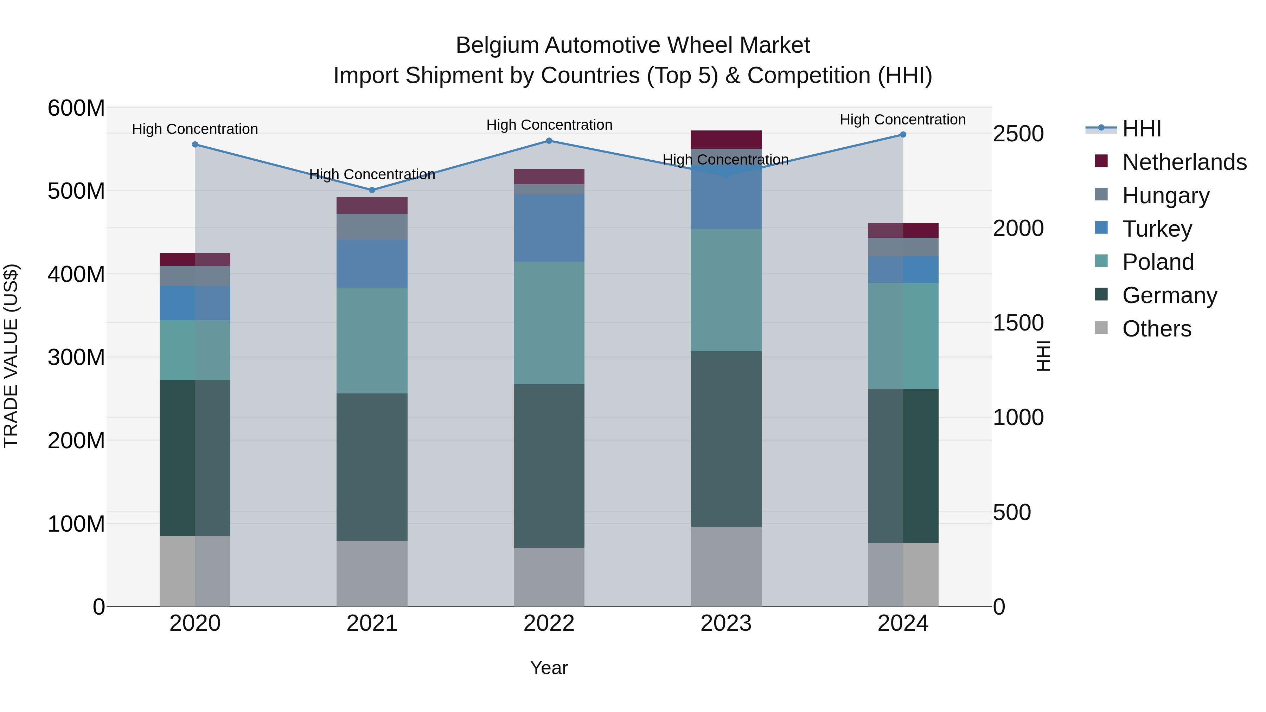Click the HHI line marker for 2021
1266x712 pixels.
tap(372, 190)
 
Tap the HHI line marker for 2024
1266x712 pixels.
tap(903, 135)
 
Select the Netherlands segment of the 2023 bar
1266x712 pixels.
tap(726, 140)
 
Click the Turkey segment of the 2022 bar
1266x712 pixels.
tap(549, 227)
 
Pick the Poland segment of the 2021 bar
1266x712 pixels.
tap(372, 340)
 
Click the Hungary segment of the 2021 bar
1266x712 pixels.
tap(372, 226)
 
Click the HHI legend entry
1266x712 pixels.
tap(1142, 129)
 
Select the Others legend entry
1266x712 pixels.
tap(1156, 329)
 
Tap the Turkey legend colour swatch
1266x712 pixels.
tap(1101, 228)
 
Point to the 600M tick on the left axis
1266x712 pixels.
tap(76, 108)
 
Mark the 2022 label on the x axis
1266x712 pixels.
tap(549, 623)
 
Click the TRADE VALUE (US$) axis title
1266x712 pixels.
tap(11, 356)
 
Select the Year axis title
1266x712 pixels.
tap(549, 668)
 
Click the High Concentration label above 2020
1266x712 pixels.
tap(195, 129)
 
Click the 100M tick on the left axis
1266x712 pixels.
tap(76, 524)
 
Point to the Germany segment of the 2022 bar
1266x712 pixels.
tap(549, 466)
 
